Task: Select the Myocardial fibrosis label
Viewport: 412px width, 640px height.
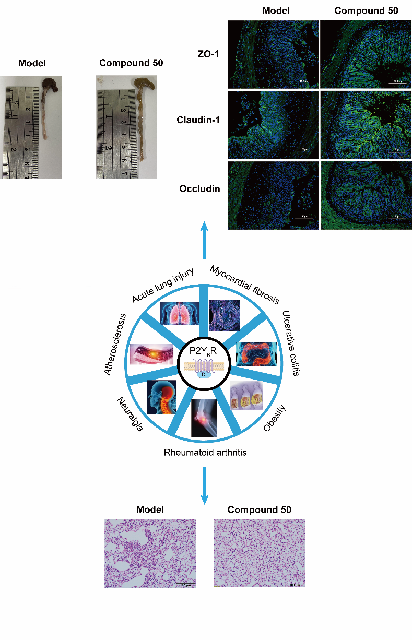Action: [244, 284]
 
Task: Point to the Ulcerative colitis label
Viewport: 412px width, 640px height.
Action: [290, 343]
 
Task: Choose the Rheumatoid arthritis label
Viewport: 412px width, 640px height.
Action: [204, 452]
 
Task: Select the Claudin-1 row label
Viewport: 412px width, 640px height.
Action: [199, 120]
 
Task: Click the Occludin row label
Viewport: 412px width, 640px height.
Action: [199, 188]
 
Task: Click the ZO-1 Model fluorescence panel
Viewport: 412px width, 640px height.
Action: [273, 54]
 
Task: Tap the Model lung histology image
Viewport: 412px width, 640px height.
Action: [150, 553]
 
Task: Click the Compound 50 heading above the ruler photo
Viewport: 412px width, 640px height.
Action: [131, 63]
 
